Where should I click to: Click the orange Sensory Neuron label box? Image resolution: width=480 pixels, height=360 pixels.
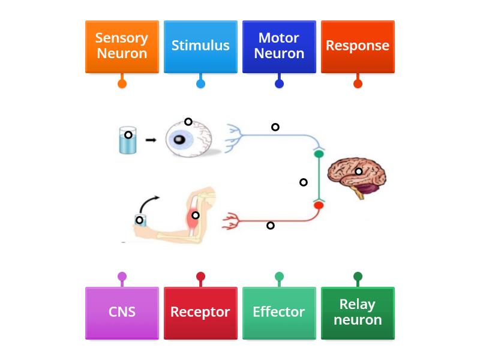122,46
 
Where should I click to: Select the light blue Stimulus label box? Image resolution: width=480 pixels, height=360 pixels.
200,46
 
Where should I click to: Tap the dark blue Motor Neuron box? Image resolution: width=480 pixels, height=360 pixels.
279,46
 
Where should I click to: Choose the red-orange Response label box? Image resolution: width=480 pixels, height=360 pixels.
358,46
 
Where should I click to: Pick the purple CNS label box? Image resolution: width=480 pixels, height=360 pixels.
122,313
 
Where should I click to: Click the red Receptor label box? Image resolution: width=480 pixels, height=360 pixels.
200,313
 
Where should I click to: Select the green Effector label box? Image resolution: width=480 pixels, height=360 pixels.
279,313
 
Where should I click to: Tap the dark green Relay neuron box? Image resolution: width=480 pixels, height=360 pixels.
358,313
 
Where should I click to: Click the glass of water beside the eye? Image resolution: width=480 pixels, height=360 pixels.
127,141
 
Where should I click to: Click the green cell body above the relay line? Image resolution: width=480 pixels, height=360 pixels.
319,154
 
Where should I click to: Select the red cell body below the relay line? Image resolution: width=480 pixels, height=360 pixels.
319,205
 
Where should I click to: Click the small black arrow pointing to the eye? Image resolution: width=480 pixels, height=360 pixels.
151,140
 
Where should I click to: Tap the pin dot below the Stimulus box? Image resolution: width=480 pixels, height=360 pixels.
200,84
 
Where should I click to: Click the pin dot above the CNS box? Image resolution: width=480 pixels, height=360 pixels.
122,277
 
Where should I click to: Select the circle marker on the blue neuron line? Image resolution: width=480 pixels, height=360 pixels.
275,127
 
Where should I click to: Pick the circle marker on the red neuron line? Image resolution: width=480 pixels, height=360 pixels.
271,226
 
